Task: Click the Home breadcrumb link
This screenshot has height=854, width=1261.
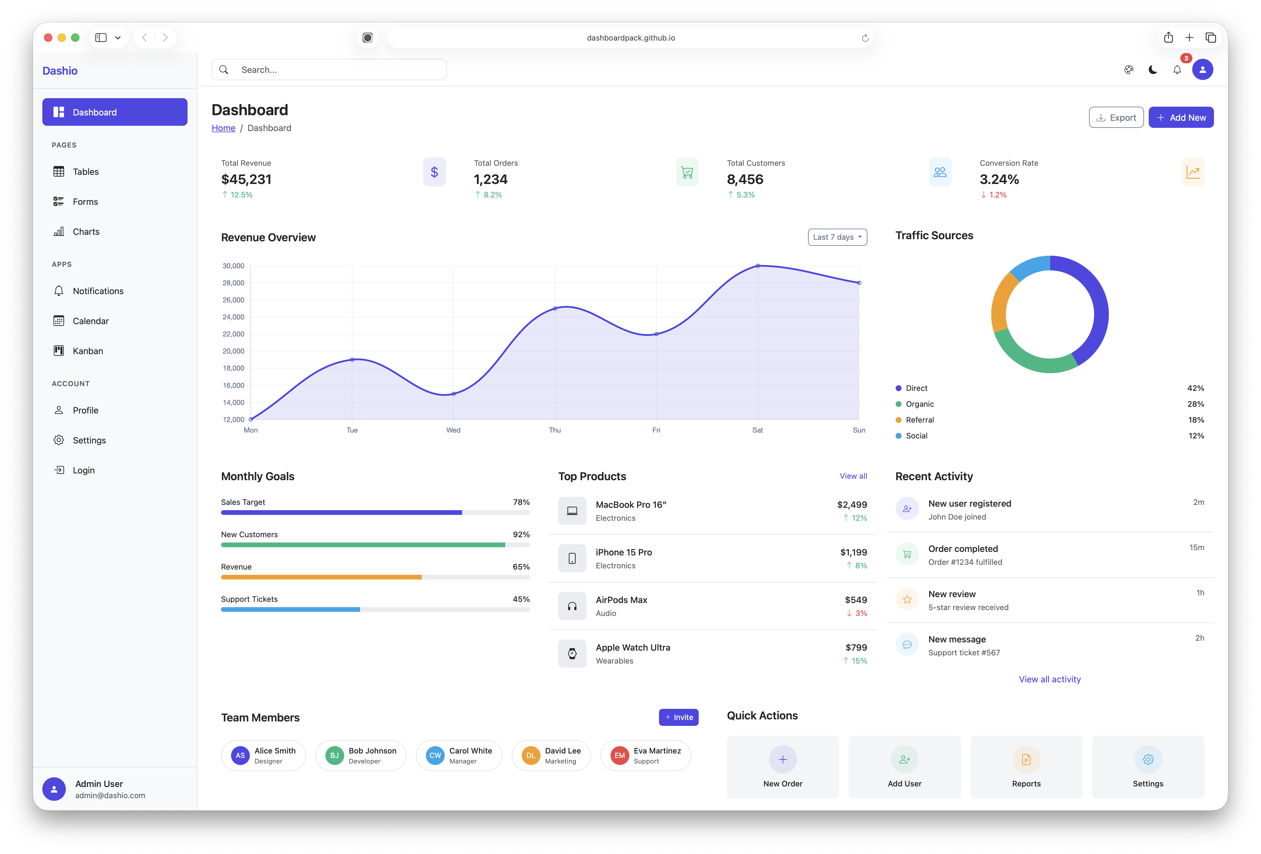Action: (223, 128)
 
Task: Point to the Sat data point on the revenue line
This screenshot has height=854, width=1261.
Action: (757, 266)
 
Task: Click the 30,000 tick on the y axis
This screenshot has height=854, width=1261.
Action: (233, 266)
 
